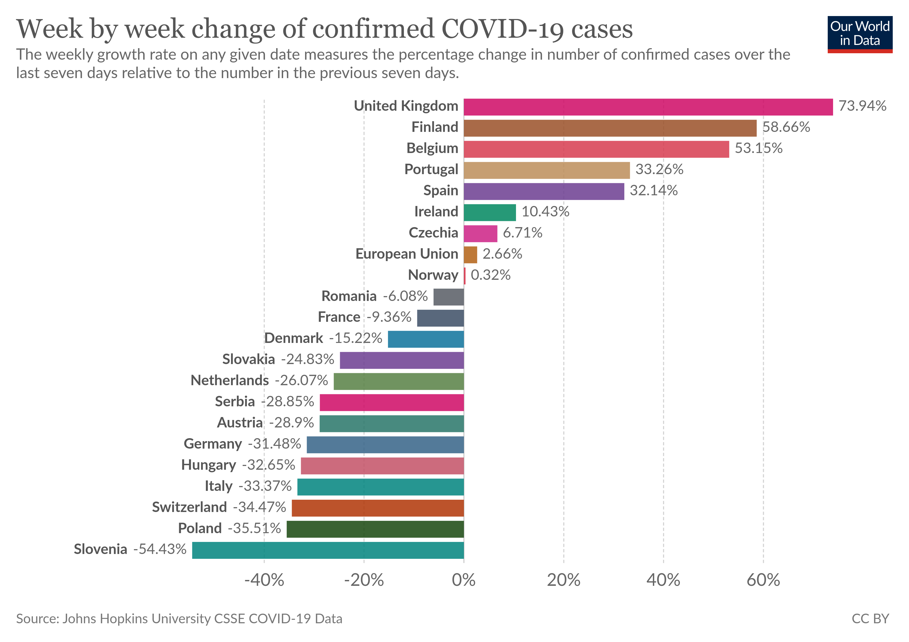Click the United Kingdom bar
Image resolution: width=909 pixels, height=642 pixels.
(x=648, y=107)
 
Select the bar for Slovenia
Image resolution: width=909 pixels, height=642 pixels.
(x=328, y=550)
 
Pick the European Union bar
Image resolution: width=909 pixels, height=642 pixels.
(x=470, y=255)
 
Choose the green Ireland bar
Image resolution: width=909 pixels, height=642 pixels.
(x=490, y=212)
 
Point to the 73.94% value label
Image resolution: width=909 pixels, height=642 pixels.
(x=862, y=106)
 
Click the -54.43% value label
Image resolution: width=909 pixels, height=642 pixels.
(x=160, y=549)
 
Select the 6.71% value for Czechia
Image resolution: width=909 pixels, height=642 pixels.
(x=522, y=233)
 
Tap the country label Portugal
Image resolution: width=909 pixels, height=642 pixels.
(x=431, y=170)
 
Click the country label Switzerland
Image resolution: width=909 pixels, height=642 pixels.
(x=189, y=507)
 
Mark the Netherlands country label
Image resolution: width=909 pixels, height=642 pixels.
(x=230, y=381)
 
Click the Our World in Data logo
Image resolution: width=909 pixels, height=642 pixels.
(x=860, y=34)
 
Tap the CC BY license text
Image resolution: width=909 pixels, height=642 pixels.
(x=870, y=619)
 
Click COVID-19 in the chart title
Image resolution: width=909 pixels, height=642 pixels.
(x=501, y=29)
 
